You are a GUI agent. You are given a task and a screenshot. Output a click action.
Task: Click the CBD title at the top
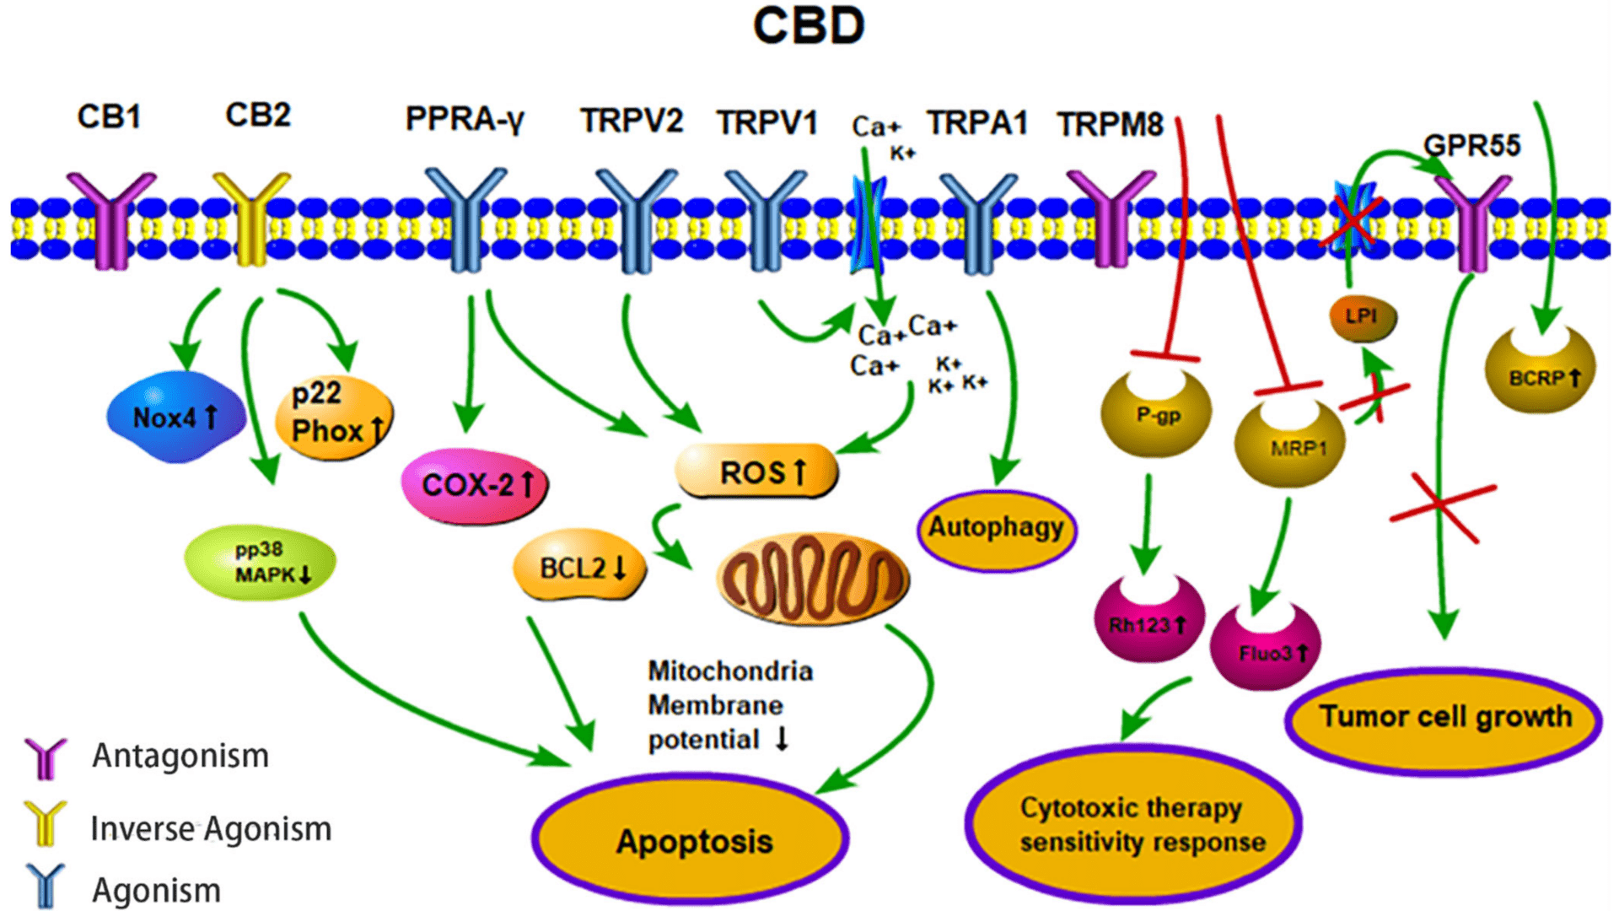coord(809,26)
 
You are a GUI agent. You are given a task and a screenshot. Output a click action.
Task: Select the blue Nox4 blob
coord(176,417)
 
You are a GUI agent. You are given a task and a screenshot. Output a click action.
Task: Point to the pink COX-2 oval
coord(475,486)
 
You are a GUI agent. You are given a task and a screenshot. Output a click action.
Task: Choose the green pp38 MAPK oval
coord(261,563)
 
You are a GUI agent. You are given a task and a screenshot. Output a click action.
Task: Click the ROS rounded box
coord(757,471)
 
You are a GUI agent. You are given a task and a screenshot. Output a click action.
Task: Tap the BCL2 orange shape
coord(580,566)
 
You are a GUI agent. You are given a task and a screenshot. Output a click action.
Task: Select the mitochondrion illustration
coord(813,579)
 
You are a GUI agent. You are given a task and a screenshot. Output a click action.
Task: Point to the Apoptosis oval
coord(691,839)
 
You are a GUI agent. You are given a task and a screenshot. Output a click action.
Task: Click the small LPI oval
coord(1363,317)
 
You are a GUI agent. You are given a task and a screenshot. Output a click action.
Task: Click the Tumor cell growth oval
coord(1444,720)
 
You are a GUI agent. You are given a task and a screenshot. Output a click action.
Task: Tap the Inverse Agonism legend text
coord(211,829)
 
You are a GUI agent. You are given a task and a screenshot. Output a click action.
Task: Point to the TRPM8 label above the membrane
coord(1111,125)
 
